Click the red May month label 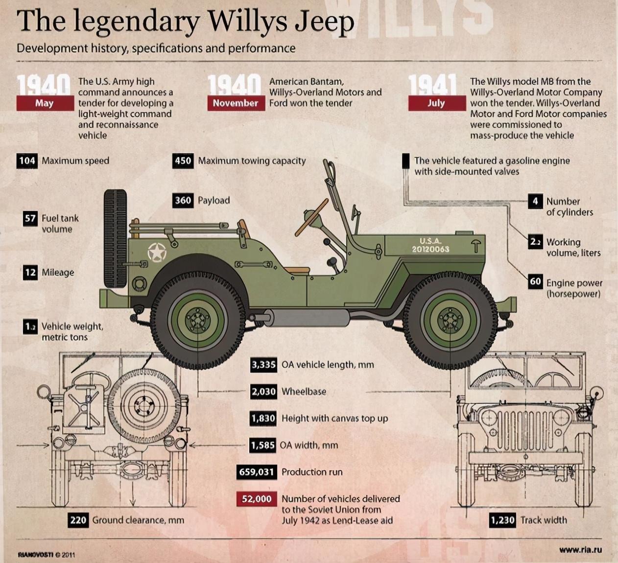45,103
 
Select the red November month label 237,103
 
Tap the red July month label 437,103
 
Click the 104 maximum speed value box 27,161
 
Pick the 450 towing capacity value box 183,161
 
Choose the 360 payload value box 183,201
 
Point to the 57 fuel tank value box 30,219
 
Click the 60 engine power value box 535,281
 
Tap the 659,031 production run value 257,472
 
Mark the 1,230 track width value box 502,520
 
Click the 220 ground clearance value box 78,520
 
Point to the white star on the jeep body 157,252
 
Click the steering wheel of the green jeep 311,217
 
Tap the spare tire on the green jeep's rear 116,239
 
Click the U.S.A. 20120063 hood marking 430,245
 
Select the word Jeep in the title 325,22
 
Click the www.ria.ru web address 581,549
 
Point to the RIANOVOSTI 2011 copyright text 46,555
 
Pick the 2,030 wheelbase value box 263,392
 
